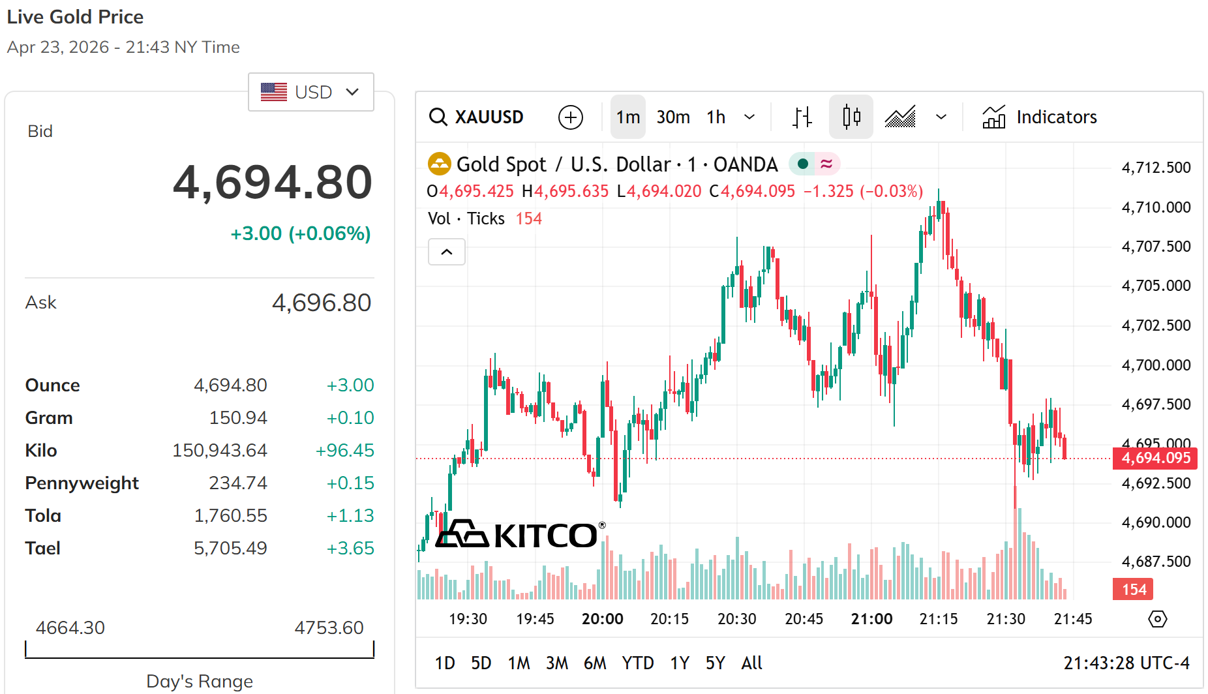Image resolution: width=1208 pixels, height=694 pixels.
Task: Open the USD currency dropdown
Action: pyautogui.click(x=310, y=92)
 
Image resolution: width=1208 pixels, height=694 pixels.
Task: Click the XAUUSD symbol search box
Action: pyautogui.click(x=477, y=117)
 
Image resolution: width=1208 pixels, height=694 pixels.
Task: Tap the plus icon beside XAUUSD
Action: pyautogui.click(x=571, y=117)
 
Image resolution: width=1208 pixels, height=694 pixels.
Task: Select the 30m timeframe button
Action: pyautogui.click(x=672, y=117)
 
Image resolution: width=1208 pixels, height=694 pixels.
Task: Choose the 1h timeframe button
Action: pyautogui.click(x=716, y=117)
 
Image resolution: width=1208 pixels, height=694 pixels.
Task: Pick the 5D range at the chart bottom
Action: pyautogui.click(x=481, y=663)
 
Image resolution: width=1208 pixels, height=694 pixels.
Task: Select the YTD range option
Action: pyautogui.click(x=637, y=663)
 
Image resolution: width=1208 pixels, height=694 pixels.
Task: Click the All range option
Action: pyautogui.click(x=751, y=663)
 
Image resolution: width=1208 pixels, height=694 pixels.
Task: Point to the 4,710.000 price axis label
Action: pyautogui.click(x=1156, y=207)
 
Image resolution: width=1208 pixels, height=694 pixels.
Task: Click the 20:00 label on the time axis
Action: pyautogui.click(x=602, y=619)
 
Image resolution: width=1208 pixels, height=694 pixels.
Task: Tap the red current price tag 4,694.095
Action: pyautogui.click(x=1155, y=458)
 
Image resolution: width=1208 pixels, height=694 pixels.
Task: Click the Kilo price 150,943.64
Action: pyautogui.click(x=219, y=451)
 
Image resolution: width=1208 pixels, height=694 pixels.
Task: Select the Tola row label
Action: pyautogui.click(x=43, y=516)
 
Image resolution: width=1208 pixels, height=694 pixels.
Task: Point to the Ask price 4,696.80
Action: pyautogui.click(x=321, y=303)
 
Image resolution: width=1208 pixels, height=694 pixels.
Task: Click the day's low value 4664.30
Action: pyautogui.click(x=70, y=627)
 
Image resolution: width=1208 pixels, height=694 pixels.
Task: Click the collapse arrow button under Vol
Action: pyautogui.click(x=447, y=252)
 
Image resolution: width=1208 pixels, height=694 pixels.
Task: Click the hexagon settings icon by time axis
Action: pyautogui.click(x=1157, y=619)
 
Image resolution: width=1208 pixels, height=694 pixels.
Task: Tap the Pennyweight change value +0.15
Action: pyautogui.click(x=350, y=483)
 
